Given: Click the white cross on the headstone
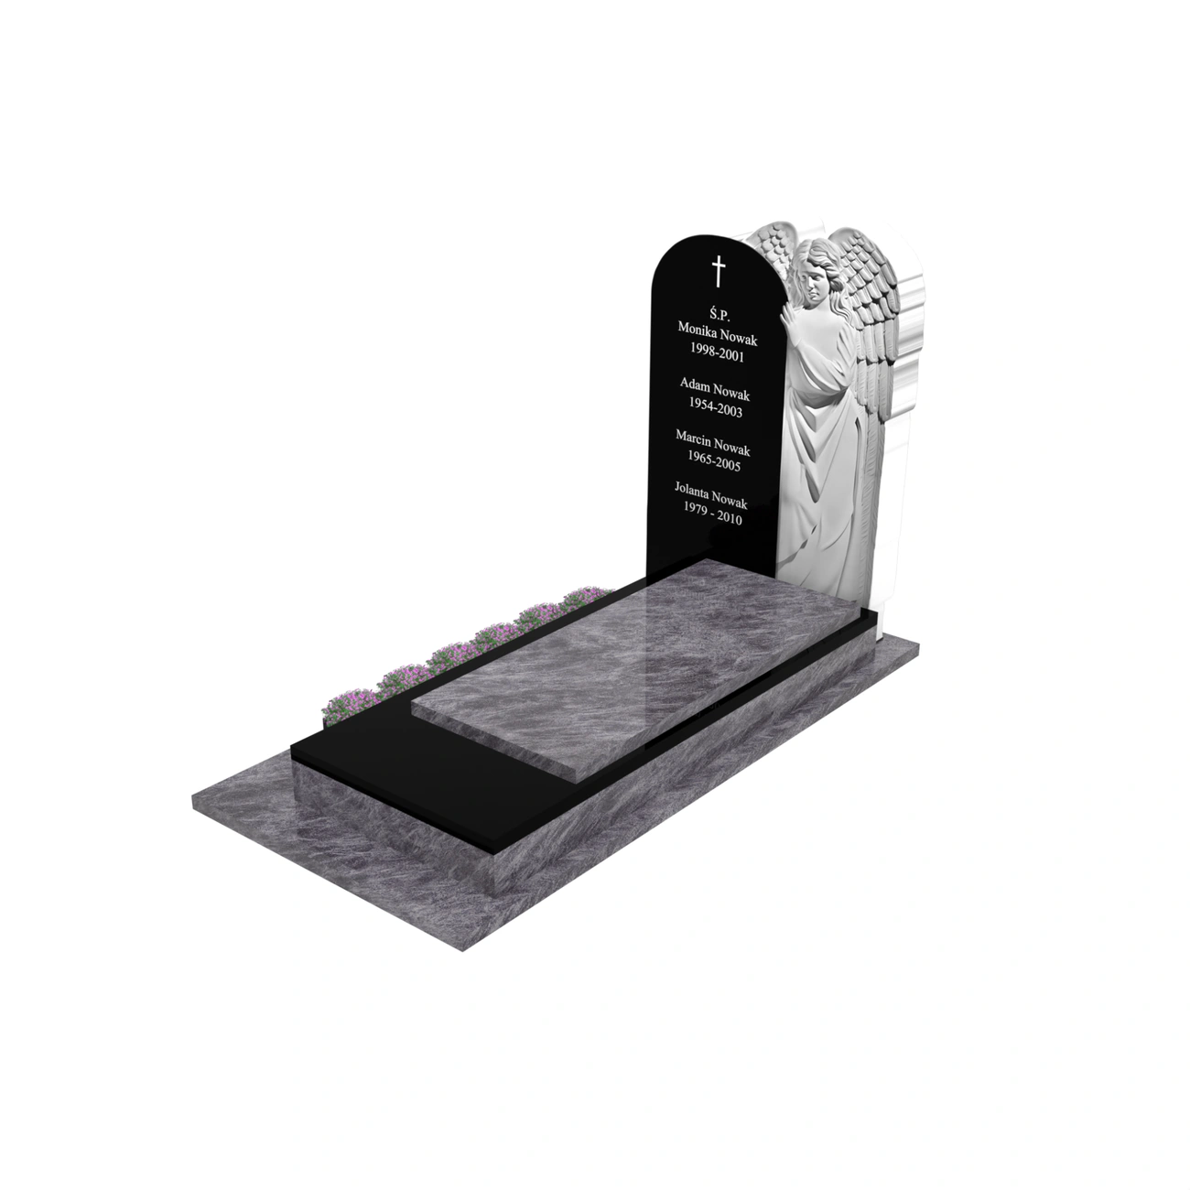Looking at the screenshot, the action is pyautogui.click(x=719, y=271).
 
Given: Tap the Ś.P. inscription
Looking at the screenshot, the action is pyautogui.click(x=720, y=314).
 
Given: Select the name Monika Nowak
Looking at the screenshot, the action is pyautogui.click(x=717, y=333).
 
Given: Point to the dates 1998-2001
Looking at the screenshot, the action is pyautogui.click(x=717, y=352).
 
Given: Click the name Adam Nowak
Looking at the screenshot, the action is pyautogui.click(x=715, y=389).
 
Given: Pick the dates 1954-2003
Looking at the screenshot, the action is pyautogui.click(x=715, y=407).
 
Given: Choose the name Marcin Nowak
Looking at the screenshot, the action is pyautogui.click(x=713, y=443).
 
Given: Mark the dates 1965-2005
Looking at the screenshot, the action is pyautogui.click(x=714, y=461).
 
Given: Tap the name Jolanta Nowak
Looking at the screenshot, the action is pyautogui.click(x=710, y=496).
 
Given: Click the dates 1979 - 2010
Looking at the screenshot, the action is pyautogui.click(x=713, y=515).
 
